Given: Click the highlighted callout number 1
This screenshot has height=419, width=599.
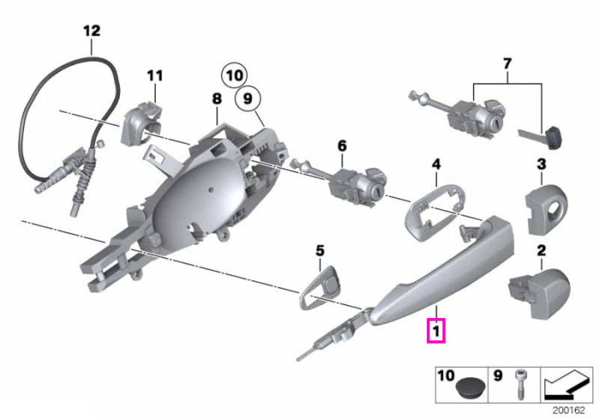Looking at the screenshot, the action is [x=436, y=330].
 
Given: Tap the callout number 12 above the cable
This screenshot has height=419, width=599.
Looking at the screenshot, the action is [x=92, y=31].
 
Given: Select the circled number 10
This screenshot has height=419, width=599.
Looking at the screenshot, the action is [x=234, y=75].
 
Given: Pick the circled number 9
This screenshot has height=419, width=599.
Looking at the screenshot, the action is [x=247, y=98].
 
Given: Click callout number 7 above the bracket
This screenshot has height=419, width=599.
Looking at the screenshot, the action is [x=507, y=63].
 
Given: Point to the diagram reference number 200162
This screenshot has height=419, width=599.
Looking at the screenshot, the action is [x=568, y=410].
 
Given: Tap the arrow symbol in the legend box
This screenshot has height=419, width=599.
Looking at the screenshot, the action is [x=566, y=385].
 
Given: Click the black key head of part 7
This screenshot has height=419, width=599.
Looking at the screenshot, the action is [x=555, y=139].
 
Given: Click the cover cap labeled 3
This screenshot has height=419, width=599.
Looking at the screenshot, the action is [x=546, y=208].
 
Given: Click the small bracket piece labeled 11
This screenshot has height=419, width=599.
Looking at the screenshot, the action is [x=140, y=123].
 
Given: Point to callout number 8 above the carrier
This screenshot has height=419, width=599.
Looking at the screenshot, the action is [x=217, y=99].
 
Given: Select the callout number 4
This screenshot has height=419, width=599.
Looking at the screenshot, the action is [x=436, y=164].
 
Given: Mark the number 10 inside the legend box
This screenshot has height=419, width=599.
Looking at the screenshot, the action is [x=446, y=375].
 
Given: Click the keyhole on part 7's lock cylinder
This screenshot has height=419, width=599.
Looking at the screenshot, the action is [x=495, y=123].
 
